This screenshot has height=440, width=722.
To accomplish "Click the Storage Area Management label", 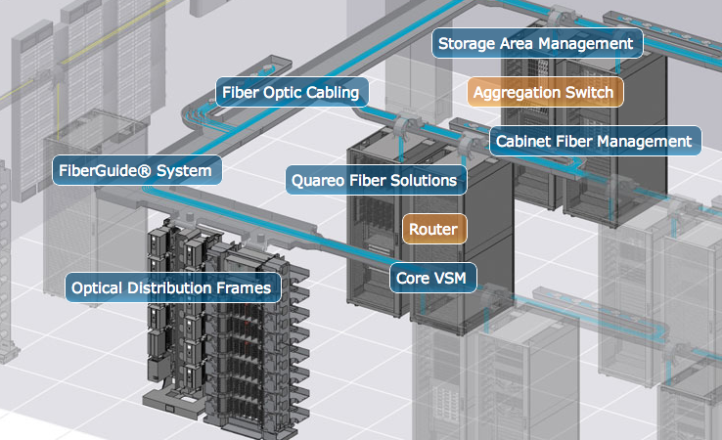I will click(x=535, y=44).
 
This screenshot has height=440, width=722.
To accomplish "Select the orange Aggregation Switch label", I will click(x=543, y=93).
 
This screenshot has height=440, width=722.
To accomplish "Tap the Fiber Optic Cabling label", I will click(x=291, y=94).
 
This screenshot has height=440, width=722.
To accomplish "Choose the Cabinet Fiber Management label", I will click(x=594, y=142).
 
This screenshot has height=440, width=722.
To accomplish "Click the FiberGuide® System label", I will click(x=135, y=172).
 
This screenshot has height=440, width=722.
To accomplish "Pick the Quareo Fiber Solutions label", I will click(x=374, y=181).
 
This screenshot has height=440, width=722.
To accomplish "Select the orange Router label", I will click(x=433, y=230).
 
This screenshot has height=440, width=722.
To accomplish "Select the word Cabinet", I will click(x=523, y=142).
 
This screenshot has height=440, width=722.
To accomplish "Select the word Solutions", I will click(x=424, y=181).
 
